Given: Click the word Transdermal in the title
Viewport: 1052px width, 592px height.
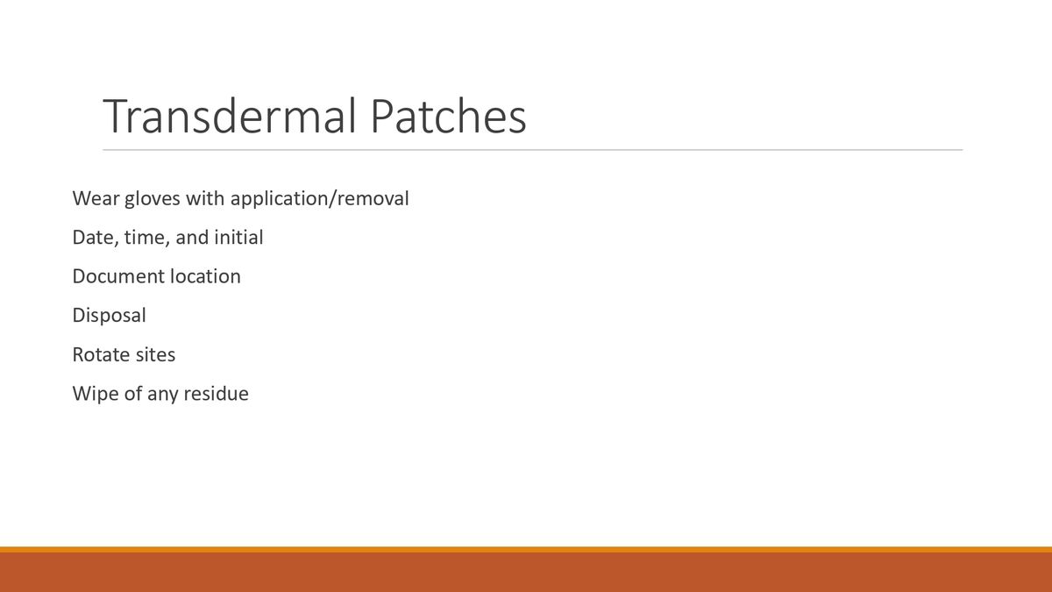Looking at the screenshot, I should pyautogui.click(x=230, y=117).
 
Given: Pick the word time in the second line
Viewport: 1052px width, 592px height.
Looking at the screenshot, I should pyautogui.click(x=146, y=238).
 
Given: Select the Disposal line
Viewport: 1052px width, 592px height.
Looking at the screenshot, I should pyautogui.click(x=110, y=316).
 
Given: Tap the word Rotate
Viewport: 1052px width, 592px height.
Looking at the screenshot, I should pyautogui.click(x=97, y=355).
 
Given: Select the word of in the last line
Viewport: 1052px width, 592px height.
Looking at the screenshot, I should pyautogui.click(x=131, y=394).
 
